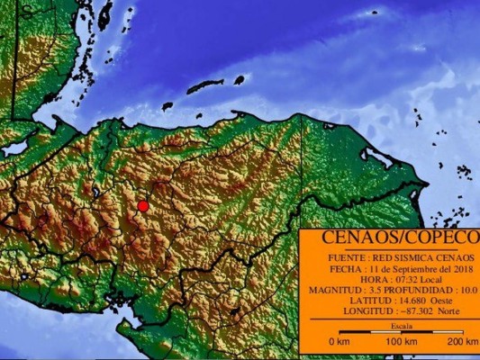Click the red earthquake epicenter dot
[142, 206]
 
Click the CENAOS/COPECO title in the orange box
[389, 238]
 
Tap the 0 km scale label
[339, 342]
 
